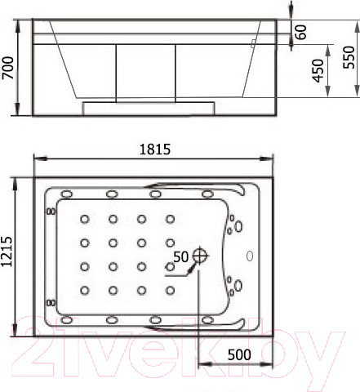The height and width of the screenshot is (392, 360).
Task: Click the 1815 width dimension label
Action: click(155, 149)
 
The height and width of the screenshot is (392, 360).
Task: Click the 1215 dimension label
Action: click(7, 252)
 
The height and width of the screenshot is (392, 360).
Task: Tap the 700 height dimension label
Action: click(7, 68)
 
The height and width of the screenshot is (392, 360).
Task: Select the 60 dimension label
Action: click(300, 32)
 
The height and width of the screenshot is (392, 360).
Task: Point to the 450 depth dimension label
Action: click(318, 70)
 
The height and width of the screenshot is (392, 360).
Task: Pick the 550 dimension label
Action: click(349, 57)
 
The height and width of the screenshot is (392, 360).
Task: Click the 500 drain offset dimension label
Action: click(239, 354)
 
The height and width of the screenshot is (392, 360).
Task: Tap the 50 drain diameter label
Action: click(180, 256)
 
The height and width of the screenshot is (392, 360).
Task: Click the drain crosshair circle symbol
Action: click(200, 256)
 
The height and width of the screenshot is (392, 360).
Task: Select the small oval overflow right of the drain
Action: click(250, 256)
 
